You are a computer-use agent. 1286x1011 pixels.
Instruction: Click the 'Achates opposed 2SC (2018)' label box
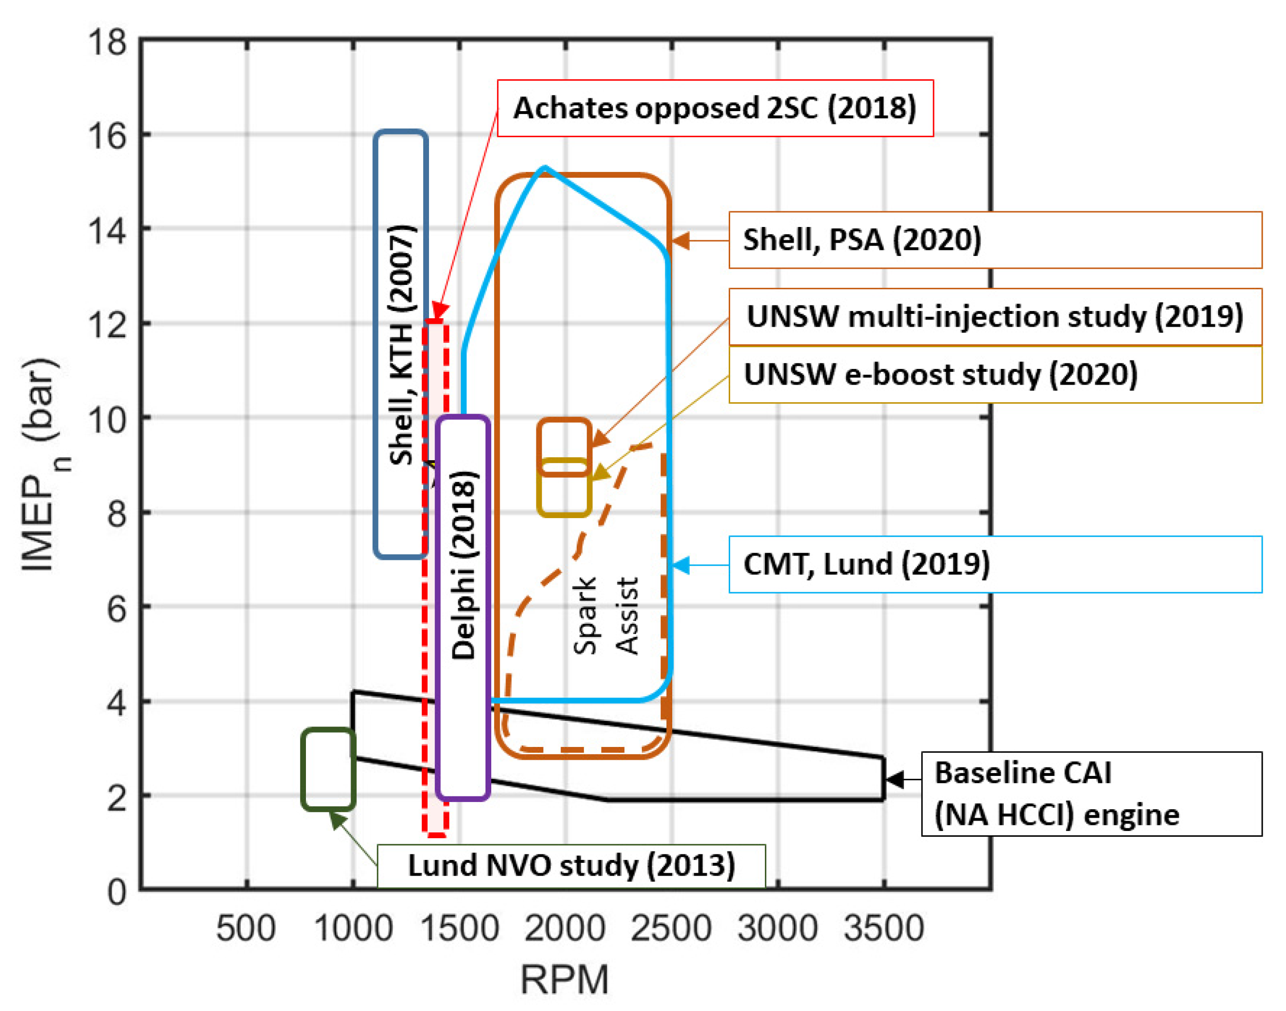pyautogui.click(x=714, y=108)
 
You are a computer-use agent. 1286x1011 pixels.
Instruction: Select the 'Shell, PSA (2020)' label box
pyautogui.click(x=995, y=240)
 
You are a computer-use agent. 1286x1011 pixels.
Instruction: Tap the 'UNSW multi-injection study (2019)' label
pyautogui.click(x=995, y=317)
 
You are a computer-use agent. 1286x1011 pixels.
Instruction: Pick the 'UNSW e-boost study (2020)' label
pyautogui.click(x=995, y=374)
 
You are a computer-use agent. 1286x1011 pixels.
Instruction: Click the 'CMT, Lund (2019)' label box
pyautogui.click(x=995, y=564)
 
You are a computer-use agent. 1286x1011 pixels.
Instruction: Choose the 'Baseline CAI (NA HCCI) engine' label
pyautogui.click(x=1091, y=794)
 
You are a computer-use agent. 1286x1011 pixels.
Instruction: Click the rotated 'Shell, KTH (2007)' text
pyautogui.click(x=401, y=344)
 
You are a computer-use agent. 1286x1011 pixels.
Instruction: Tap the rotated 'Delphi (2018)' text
pyautogui.click(x=463, y=565)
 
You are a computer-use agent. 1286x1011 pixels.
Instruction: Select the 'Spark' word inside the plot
pyautogui.click(x=585, y=615)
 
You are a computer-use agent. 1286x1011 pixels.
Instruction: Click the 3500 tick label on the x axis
pyautogui.click(x=884, y=928)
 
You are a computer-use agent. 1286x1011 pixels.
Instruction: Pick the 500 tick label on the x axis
pyautogui.click(x=246, y=928)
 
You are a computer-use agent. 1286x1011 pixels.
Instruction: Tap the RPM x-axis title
pyautogui.click(x=564, y=980)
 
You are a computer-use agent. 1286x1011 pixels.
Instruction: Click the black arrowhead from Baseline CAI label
pyautogui.click(x=894, y=780)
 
